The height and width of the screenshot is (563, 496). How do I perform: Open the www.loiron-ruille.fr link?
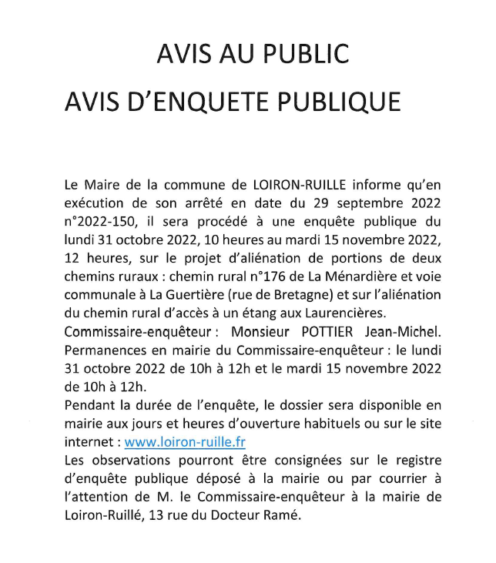click(185, 443)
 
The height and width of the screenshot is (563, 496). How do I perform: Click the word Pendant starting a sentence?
click(92, 406)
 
